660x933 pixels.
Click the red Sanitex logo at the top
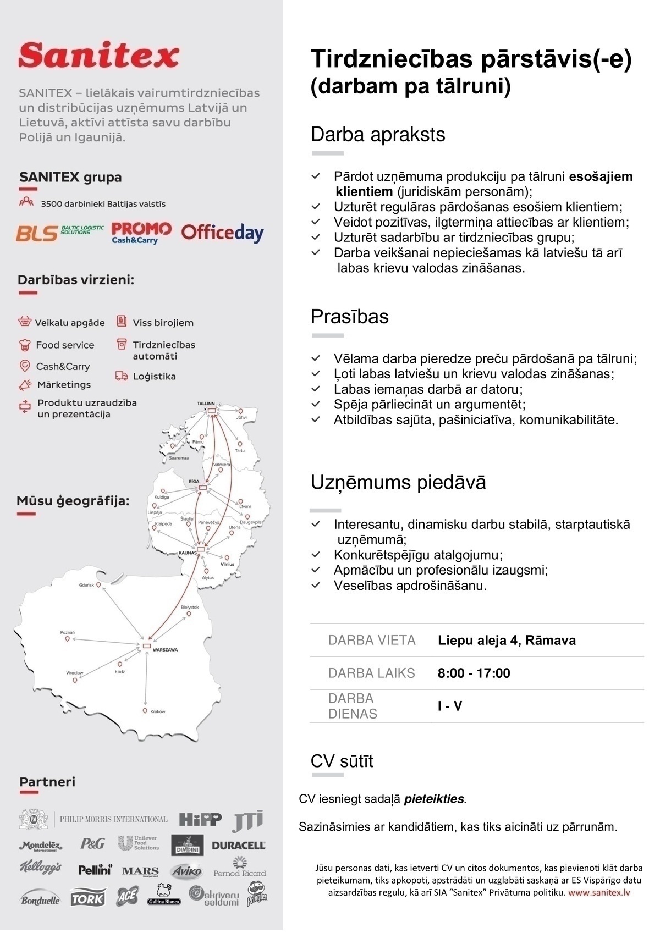click(99, 56)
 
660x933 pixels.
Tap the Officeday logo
click(222, 233)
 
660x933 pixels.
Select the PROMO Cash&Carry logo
click(141, 233)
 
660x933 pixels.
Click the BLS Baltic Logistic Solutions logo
click(59, 233)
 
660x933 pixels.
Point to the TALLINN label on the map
click(206, 404)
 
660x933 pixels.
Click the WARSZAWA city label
click(165, 650)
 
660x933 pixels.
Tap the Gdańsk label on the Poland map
click(86, 585)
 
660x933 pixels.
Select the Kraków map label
click(158, 711)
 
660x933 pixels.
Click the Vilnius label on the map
click(227, 564)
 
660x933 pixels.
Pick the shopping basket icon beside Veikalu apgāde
click(24, 322)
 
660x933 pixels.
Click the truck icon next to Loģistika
click(122, 376)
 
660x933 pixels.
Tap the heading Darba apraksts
click(377, 135)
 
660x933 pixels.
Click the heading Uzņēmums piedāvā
click(398, 482)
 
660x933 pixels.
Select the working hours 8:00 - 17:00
click(474, 673)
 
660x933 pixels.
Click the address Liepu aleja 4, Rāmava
click(507, 640)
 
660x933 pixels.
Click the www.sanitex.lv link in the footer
click(599, 892)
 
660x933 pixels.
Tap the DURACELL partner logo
click(238, 846)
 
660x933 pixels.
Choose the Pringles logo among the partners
click(257, 894)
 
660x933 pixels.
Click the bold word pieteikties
click(435, 799)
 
